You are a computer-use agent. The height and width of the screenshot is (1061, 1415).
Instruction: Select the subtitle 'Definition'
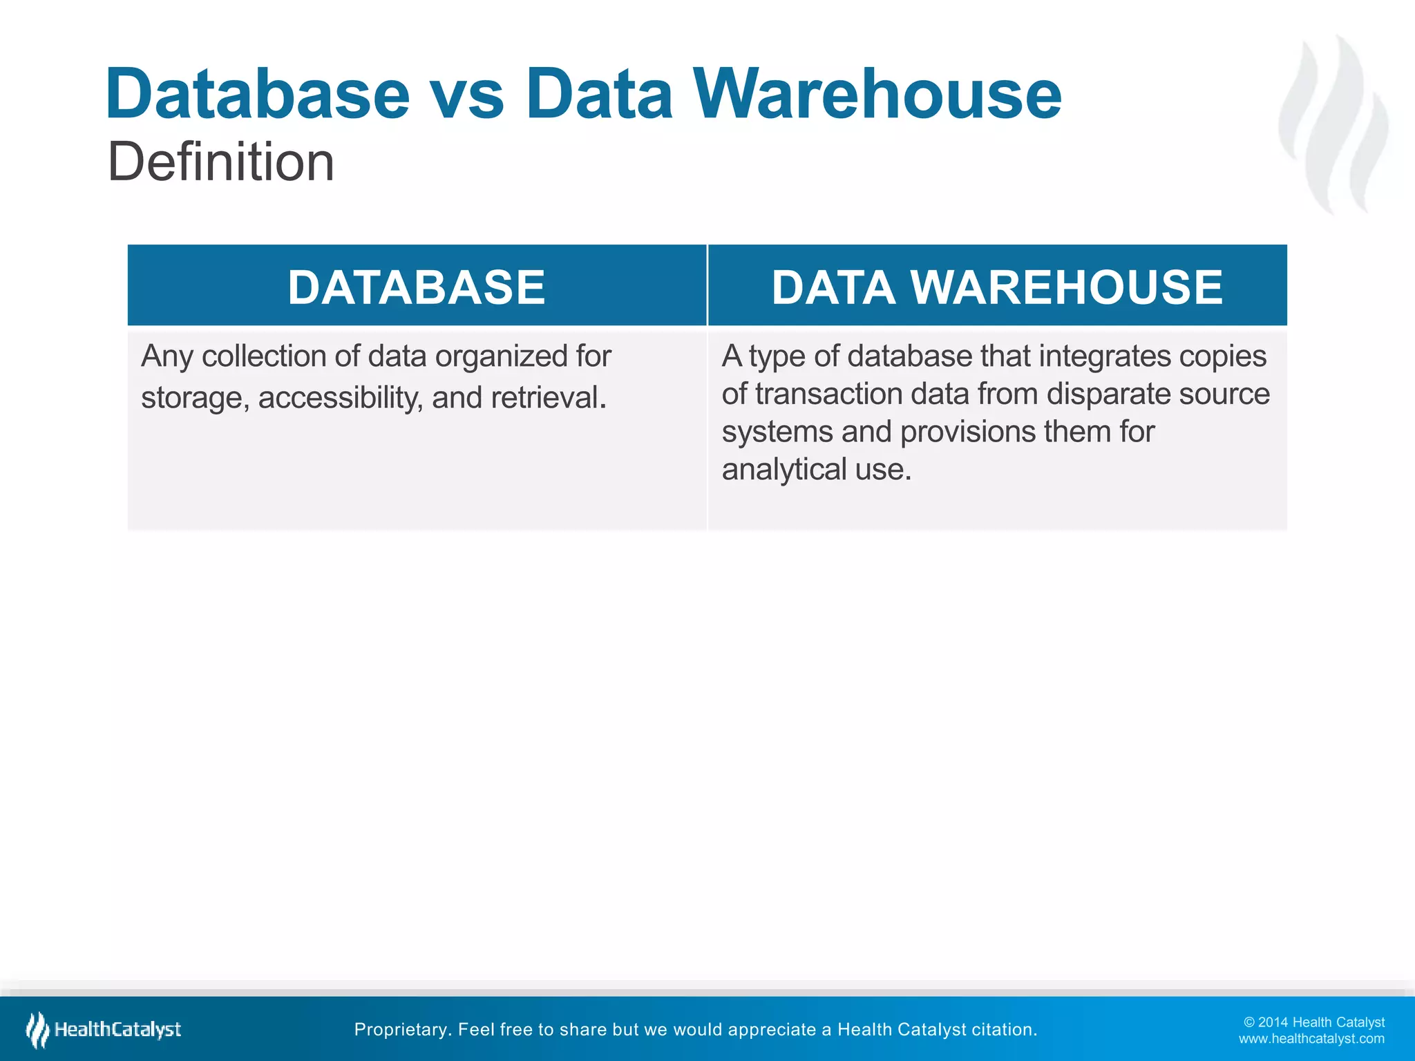coord(221,162)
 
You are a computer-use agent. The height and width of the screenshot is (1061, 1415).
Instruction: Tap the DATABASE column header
coord(417,287)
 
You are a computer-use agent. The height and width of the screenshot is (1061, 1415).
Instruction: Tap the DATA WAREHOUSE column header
coord(997,287)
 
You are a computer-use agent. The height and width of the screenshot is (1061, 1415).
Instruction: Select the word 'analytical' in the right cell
coord(784,470)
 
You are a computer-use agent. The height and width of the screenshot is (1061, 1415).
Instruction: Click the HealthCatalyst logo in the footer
coord(104,1029)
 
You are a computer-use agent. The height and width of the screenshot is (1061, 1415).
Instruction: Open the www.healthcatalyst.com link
coord(1311,1039)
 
